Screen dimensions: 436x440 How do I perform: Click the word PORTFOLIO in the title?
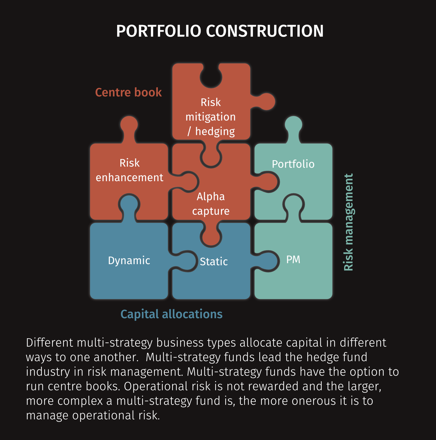(159, 31)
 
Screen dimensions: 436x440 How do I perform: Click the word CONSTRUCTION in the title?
(265, 31)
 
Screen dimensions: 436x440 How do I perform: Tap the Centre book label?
(128, 92)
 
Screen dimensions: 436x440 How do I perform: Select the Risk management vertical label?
(348, 222)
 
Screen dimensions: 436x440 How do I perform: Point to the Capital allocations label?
(171, 314)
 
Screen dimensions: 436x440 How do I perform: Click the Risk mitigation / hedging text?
(211, 117)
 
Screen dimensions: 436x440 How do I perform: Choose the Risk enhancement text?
(129, 170)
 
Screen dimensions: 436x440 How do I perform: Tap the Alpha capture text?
(211, 204)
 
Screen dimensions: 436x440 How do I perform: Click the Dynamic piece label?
(129, 261)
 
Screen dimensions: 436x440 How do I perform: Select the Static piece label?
(214, 262)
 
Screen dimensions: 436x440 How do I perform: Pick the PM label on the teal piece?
(293, 260)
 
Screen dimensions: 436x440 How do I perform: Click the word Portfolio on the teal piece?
(293, 164)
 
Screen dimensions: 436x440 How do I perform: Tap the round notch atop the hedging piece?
(211, 76)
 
